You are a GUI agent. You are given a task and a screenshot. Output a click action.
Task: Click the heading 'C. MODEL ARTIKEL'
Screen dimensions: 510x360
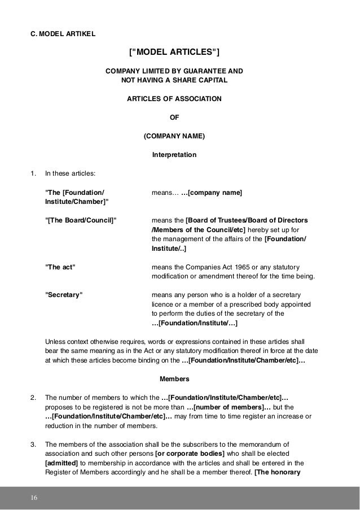click(x=63, y=33)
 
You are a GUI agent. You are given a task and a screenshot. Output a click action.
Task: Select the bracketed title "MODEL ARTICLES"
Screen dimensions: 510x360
click(x=174, y=53)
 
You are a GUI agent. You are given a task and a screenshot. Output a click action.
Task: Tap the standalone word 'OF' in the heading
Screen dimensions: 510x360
click(x=174, y=118)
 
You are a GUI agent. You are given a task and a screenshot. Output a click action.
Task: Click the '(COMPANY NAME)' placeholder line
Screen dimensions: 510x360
click(x=174, y=136)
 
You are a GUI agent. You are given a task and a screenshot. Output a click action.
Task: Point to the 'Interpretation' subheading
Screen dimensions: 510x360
click(x=174, y=154)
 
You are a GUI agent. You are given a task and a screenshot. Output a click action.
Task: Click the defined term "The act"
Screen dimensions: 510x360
click(x=60, y=267)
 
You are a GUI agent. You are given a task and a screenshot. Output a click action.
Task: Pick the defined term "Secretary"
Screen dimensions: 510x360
click(x=63, y=295)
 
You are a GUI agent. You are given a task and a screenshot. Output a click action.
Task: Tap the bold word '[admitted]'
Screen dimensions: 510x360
click(x=62, y=461)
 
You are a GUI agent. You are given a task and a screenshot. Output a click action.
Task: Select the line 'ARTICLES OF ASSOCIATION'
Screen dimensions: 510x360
click(x=174, y=99)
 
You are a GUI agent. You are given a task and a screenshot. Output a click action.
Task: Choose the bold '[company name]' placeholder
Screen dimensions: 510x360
click(x=212, y=193)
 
